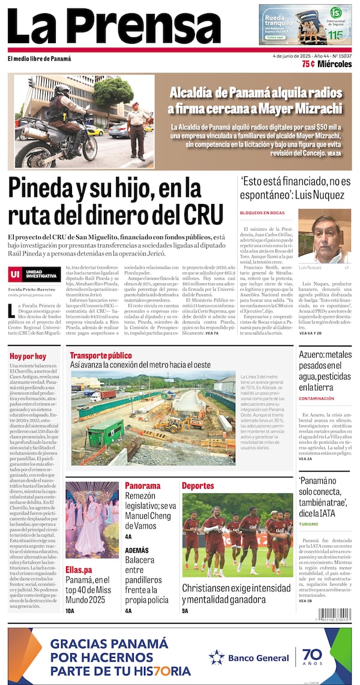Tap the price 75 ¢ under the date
click(308, 64)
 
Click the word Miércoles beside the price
click(335, 64)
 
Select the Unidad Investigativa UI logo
click(34, 274)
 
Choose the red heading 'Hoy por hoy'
click(28, 356)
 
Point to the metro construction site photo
click(153, 417)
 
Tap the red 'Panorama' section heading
click(142, 485)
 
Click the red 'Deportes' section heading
click(197, 485)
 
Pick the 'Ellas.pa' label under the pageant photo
click(79, 569)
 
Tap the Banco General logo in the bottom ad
click(249, 657)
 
